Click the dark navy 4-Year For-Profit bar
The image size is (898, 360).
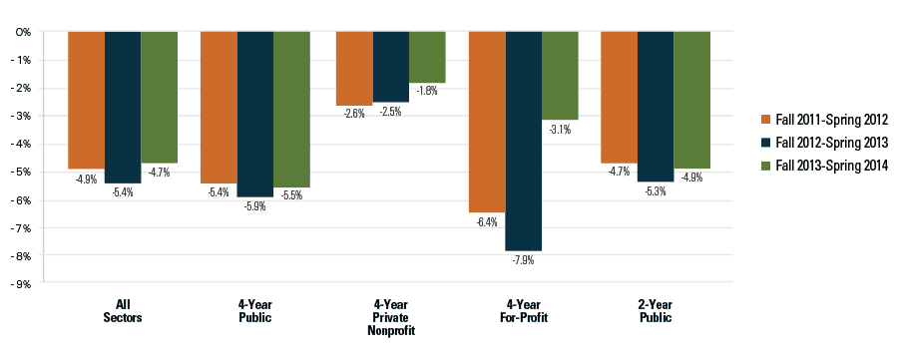click(523, 141)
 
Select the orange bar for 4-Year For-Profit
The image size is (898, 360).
click(487, 121)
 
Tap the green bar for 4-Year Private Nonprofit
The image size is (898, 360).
click(427, 57)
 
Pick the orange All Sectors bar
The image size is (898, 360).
click(86, 100)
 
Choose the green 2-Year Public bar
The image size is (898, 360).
click(691, 100)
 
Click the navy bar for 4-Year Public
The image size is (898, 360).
click(255, 114)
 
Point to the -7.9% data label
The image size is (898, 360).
click(523, 260)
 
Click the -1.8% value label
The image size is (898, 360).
click(427, 91)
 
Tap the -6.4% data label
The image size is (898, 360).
click(487, 221)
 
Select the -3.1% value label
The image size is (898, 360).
click(560, 128)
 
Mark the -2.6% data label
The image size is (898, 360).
click(353, 114)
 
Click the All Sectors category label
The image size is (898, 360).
click(123, 311)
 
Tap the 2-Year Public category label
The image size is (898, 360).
click(656, 311)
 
